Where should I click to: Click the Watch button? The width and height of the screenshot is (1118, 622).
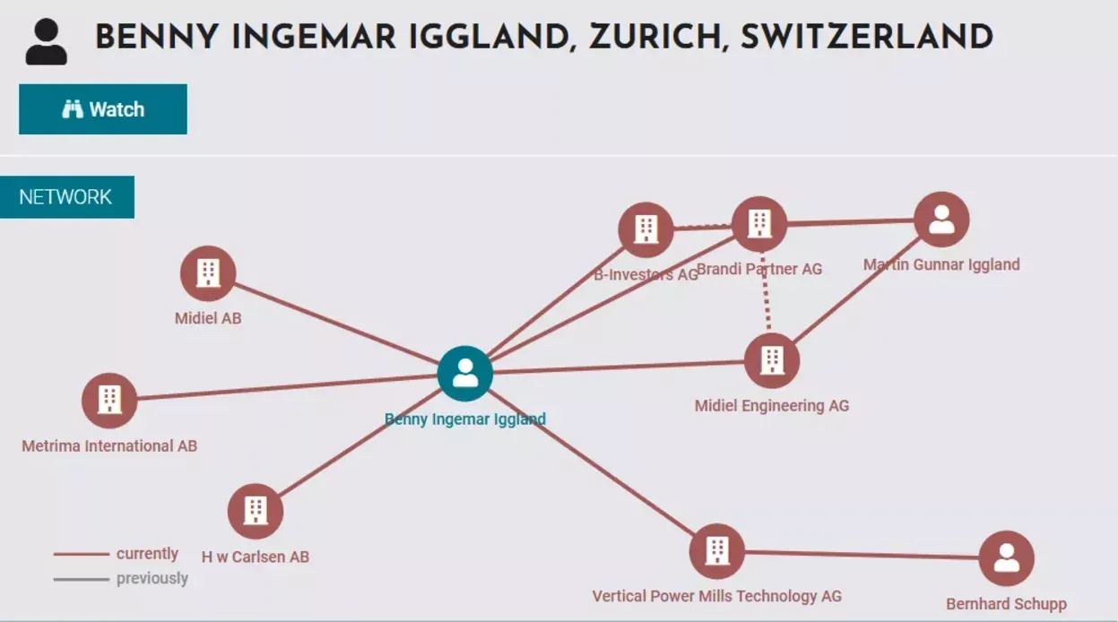click(103, 109)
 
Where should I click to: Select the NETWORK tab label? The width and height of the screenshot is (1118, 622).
click(66, 197)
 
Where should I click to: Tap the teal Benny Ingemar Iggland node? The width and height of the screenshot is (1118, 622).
click(464, 373)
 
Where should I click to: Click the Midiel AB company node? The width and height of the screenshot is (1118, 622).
click(208, 273)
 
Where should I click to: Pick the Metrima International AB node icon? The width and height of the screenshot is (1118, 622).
click(109, 400)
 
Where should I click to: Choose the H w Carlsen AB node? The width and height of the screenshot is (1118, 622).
click(256, 511)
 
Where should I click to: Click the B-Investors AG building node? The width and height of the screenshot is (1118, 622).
click(646, 229)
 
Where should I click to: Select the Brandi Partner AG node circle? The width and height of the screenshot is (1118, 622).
click(759, 224)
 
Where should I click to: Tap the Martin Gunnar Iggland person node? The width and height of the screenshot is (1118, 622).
click(941, 220)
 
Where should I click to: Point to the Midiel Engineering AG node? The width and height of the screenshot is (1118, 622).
click(771, 360)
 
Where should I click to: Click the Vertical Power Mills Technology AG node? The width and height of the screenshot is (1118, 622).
click(716, 551)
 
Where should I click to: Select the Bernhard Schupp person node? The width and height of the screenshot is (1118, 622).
click(1006, 558)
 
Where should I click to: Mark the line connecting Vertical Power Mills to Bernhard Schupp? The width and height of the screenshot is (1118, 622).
click(861, 555)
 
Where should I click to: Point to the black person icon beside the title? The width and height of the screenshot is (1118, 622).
click(46, 42)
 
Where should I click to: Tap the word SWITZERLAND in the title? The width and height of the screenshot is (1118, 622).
click(867, 39)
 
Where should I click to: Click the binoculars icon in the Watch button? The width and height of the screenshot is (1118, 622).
click(73, 109)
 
